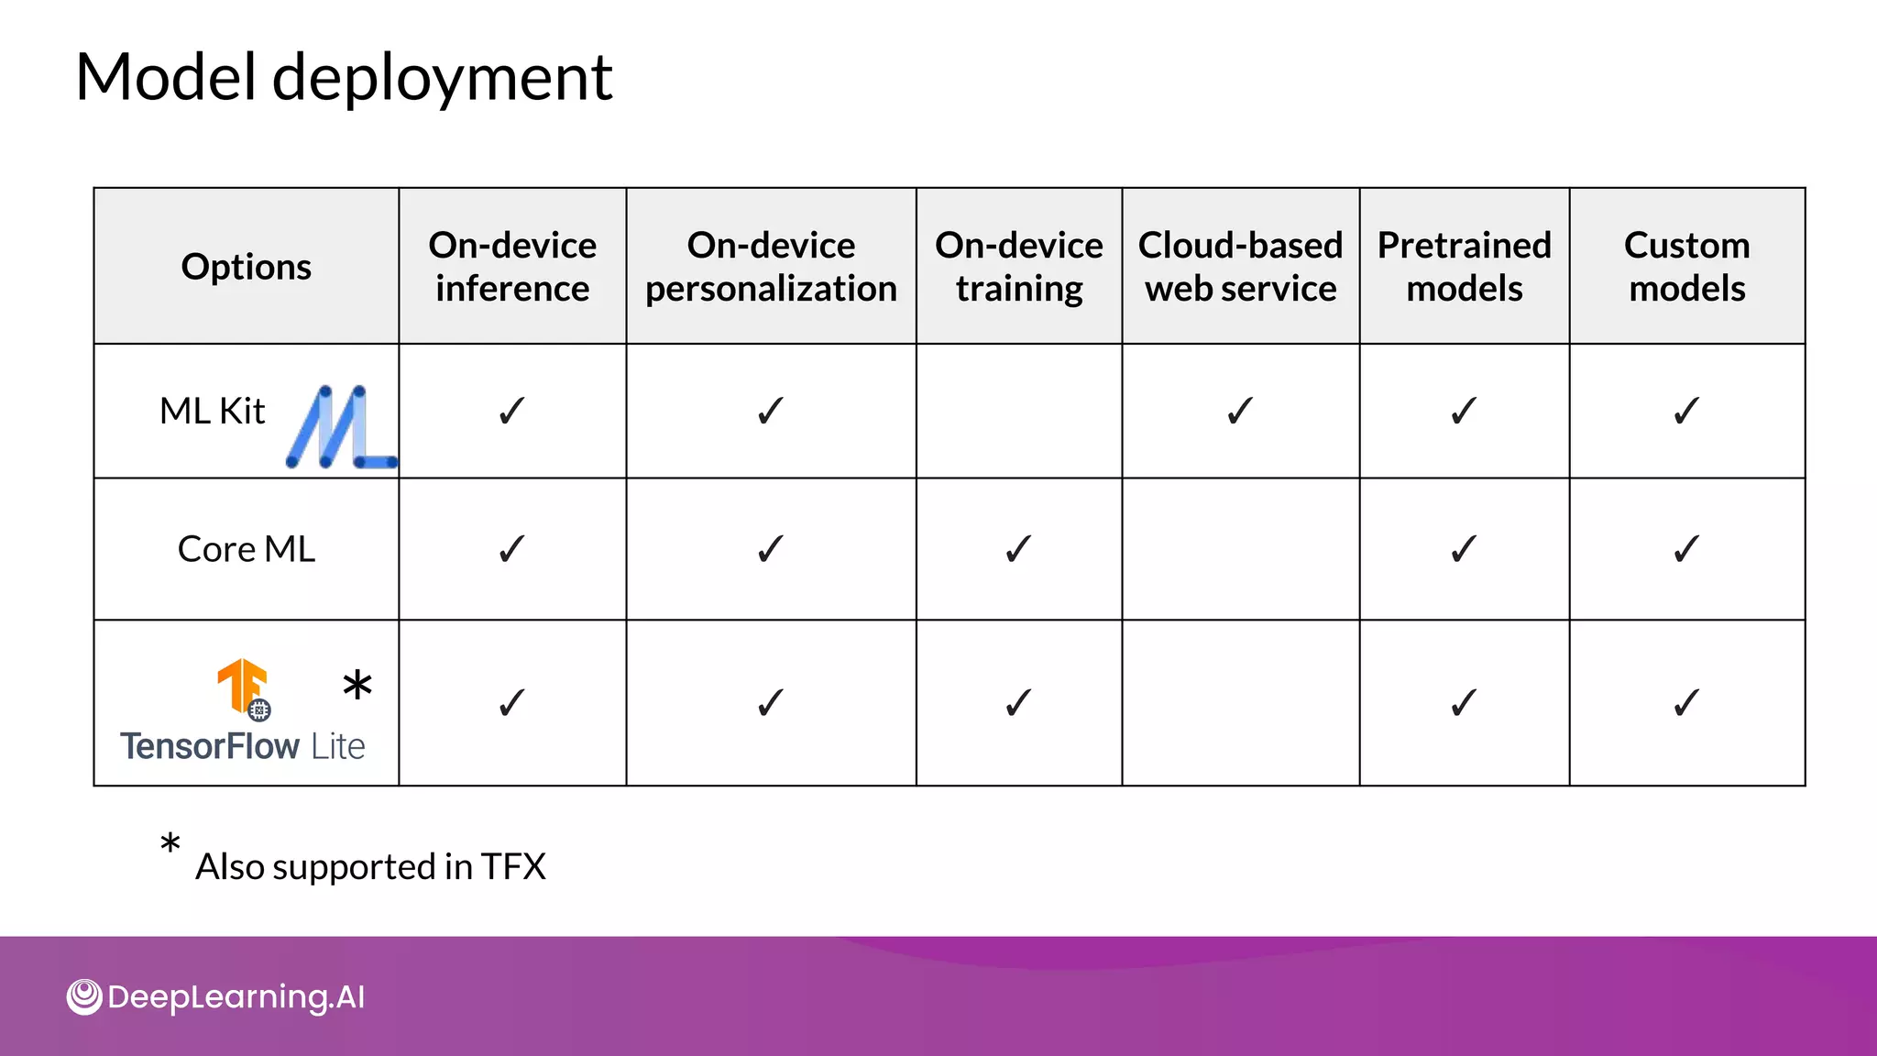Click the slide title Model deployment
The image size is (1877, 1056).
point(343,77)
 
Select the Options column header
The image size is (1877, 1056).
point(246,267)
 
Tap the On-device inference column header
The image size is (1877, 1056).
point(512,267)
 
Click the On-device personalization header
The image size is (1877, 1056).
point(771,267)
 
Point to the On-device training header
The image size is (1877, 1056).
point(1018,267)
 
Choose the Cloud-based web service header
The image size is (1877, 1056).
point(1240,267)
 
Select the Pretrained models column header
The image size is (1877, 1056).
point(1464,267)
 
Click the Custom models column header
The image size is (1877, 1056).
point(1686,267)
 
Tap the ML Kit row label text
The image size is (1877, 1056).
point(212,411)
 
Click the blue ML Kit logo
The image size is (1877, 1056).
point(339,427)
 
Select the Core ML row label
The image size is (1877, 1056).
point(246,549)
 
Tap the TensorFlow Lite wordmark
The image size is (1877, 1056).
point(243,746)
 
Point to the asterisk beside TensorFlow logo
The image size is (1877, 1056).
point(357,685)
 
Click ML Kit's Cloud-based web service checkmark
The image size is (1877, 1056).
point(1239,411)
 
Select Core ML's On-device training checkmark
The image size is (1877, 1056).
point(1018,549)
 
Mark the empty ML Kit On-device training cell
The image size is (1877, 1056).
point(1018,411)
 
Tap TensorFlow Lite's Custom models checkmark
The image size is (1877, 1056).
point(1686,703)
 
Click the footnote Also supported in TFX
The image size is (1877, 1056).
point(370,866)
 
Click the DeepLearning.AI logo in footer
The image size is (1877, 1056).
point(216,996)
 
